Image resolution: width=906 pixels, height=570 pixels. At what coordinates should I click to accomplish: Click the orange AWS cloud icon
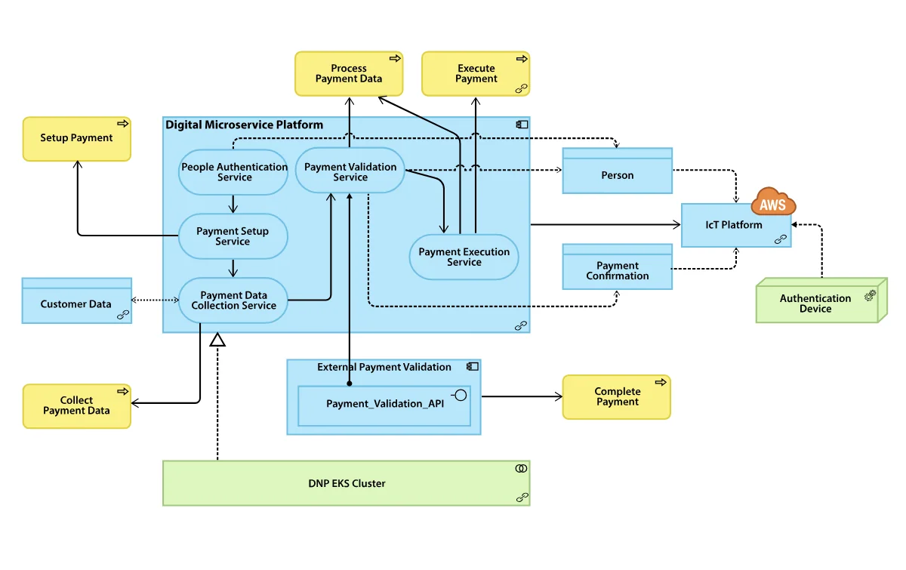[773, 202]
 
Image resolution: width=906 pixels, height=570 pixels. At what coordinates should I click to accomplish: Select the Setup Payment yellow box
[76, 138]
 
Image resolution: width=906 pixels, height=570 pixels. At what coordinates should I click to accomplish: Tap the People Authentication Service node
[234, 172]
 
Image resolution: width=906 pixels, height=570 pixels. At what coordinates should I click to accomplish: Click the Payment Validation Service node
[350, 172]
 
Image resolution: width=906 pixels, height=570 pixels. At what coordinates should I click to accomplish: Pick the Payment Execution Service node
[464, 257]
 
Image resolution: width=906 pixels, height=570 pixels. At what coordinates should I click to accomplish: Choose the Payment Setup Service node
[233, 236]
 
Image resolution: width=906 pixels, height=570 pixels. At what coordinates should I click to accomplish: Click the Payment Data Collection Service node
[233, 300]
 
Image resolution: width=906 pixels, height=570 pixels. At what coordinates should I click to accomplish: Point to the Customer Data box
[76, 303]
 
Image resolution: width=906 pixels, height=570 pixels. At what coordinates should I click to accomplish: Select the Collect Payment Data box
[76, 405]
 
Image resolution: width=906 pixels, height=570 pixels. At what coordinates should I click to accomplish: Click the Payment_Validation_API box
[384, 404]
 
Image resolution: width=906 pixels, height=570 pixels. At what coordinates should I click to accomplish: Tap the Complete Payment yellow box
[617, 396]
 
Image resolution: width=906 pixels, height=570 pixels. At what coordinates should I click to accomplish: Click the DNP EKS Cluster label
[347, 483]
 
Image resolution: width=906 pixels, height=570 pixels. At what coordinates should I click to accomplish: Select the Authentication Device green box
[816, 303]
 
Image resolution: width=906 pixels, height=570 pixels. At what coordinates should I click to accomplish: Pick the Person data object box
[617, 175]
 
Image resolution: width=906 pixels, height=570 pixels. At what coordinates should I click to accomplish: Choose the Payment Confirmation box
[617, 270]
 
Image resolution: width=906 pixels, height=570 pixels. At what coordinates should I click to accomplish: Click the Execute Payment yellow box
[476, 73]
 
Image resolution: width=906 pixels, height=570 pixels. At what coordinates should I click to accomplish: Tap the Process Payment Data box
[348, 73]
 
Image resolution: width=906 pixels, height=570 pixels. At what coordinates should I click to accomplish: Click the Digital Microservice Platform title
[244, 125]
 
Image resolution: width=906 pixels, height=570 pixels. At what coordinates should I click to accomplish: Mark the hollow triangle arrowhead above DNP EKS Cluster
[217, 340]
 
